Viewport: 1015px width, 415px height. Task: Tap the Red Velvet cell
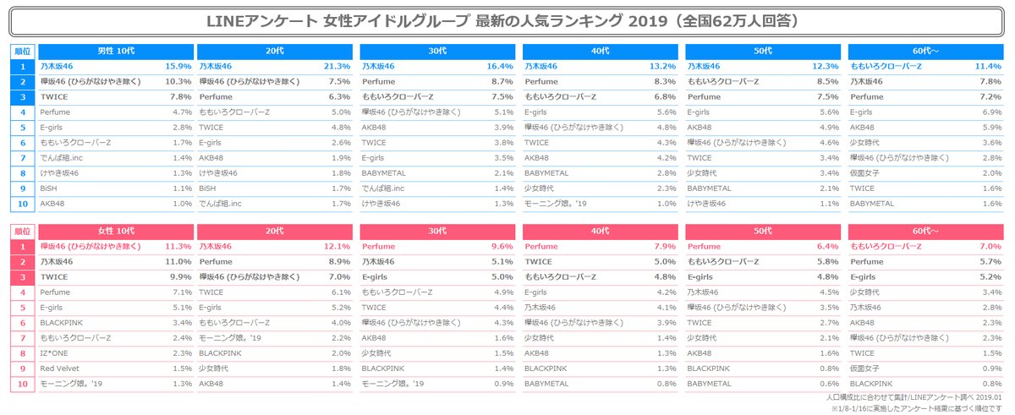(x=60, y=369)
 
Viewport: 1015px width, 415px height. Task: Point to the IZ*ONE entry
(x=56, y=354)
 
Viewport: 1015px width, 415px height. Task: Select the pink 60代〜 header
(x=926, y=231)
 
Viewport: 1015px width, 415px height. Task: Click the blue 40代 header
(x=601, y=50)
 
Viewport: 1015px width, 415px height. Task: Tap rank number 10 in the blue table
(x=23, y=204)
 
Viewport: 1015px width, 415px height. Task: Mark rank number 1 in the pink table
(x=23, y=247)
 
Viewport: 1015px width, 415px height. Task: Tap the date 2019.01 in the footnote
(x=993, y=396)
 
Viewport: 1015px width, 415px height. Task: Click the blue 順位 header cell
(x=23, y=50)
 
